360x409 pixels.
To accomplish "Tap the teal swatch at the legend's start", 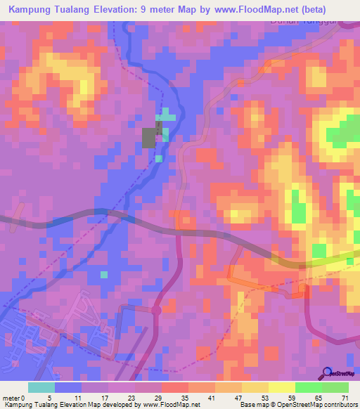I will click(41, 387).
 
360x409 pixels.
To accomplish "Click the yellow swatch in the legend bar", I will click(281, 387).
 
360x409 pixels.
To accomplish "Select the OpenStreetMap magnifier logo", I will click(328, 374).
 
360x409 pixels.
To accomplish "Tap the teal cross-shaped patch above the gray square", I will click(165, 115).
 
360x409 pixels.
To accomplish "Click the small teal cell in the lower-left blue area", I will click(104, 274).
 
